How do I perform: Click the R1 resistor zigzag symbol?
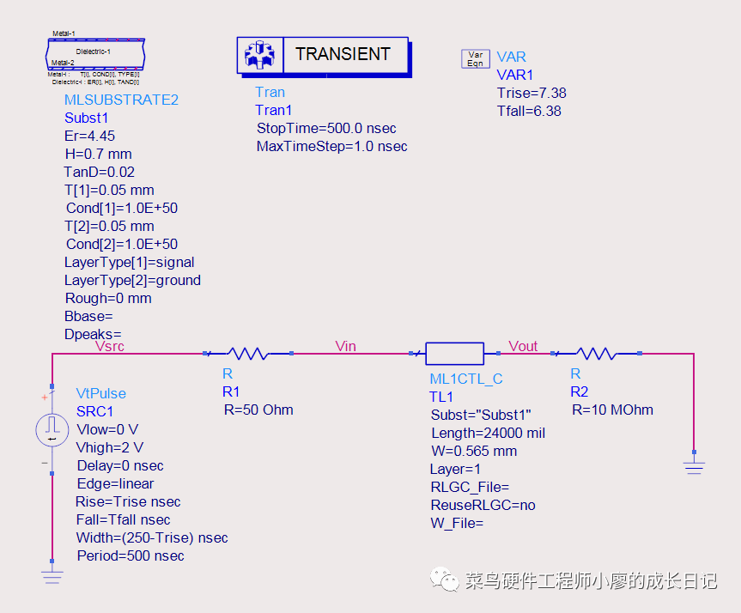tap(249, 353)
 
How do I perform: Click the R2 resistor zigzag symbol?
tap(597, 353)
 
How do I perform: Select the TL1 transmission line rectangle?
tap(454, 353)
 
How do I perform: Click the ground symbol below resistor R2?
tap(694, 466)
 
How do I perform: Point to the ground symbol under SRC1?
tap(52, 575)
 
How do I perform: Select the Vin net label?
tap(345, 346)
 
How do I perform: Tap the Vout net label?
tap(523, 346)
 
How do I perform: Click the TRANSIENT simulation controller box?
tap(323, 55)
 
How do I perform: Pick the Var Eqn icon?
tap(475, 58)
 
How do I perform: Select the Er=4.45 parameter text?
tap(89, 136)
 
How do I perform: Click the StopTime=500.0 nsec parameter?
tap(326, 128)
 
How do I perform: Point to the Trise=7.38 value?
tap(531, 93)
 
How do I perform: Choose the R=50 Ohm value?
tap(258, 410)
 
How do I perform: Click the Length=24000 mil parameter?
tap(488, 433)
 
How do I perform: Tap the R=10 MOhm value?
tap(612, 410)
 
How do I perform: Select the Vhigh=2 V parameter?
tap(110, 447)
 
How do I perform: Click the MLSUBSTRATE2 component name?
tap(121, 100)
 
